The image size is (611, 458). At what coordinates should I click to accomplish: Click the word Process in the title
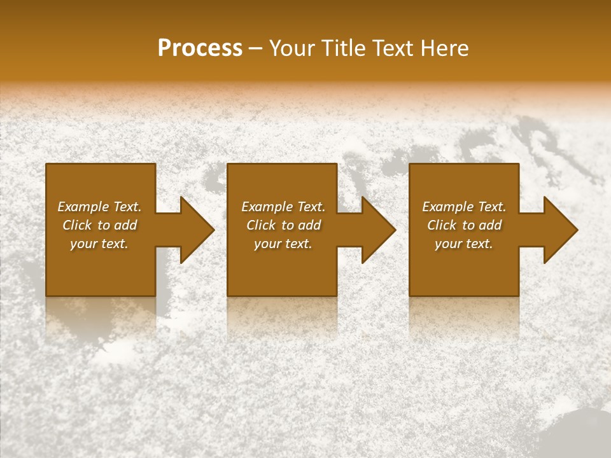coord(200,48)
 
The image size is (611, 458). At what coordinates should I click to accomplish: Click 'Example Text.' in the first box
coord(100,207)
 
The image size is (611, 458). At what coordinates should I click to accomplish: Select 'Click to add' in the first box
coord(100,225)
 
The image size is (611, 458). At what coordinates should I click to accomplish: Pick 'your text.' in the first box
coord(100,244)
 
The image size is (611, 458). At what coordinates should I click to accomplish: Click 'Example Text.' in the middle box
coord(283,207)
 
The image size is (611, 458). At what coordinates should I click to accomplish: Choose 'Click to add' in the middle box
coord(283,225)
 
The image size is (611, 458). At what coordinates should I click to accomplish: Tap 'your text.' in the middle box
coord(283,244)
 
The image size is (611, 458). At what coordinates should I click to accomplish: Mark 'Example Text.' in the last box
coord(464,207)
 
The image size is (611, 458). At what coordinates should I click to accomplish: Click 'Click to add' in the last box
coord(464,225)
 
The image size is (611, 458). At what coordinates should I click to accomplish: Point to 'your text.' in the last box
coord(464,244)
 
